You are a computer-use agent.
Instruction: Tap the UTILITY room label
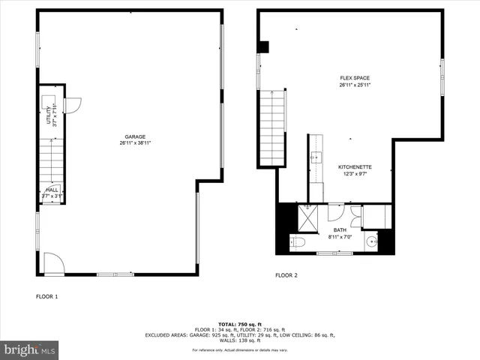point(49,115)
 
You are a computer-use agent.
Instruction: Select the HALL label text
point(52,190)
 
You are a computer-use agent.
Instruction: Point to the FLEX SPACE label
point(354,78)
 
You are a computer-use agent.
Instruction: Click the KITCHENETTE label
point(355,166)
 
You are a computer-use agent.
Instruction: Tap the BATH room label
point(340,230)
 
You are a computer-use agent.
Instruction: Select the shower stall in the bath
point(307,218)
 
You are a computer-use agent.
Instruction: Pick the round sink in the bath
point(372,242)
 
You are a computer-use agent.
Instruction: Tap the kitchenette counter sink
point(315,158)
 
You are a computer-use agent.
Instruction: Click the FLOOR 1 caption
point(46,297)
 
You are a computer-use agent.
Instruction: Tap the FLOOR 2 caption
point(286,275)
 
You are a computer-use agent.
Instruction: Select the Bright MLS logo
point(30,349)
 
